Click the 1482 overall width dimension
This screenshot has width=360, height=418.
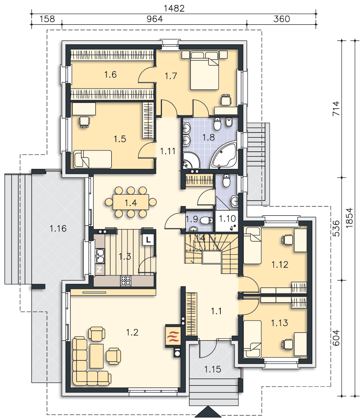(174, 8)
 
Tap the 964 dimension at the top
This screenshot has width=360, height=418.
(155, 19)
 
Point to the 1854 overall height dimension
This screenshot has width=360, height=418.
(349, 217)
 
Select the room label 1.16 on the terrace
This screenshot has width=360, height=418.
(58, 229)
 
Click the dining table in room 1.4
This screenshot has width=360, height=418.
(131, 202)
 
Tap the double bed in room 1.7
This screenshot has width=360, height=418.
(204, 70)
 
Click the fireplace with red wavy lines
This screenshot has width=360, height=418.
(173, 336)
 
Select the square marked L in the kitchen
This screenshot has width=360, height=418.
(148, 240)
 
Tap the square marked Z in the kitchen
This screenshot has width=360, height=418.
(99, 270)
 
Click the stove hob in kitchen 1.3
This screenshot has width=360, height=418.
(126, 281)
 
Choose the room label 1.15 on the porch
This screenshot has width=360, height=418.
(213, 369)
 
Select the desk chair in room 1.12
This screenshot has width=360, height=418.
(287, 240)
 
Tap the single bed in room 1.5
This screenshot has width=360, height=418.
(92, 159)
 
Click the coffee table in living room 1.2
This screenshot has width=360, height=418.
(97, 356)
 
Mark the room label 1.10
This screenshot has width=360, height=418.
(227, 219)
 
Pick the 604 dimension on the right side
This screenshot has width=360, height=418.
(337, 337)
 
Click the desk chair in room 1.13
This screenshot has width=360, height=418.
(287, 344)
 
